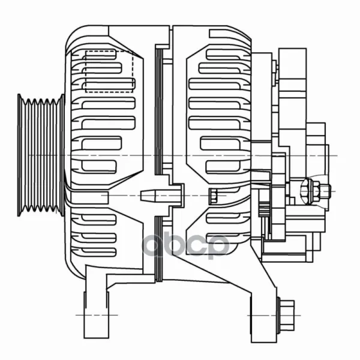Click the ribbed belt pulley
point(41,155)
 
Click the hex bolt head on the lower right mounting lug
point(286,316)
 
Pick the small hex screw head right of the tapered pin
point(213,196)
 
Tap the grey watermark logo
point(185,245)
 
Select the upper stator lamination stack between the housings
point(159,111)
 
